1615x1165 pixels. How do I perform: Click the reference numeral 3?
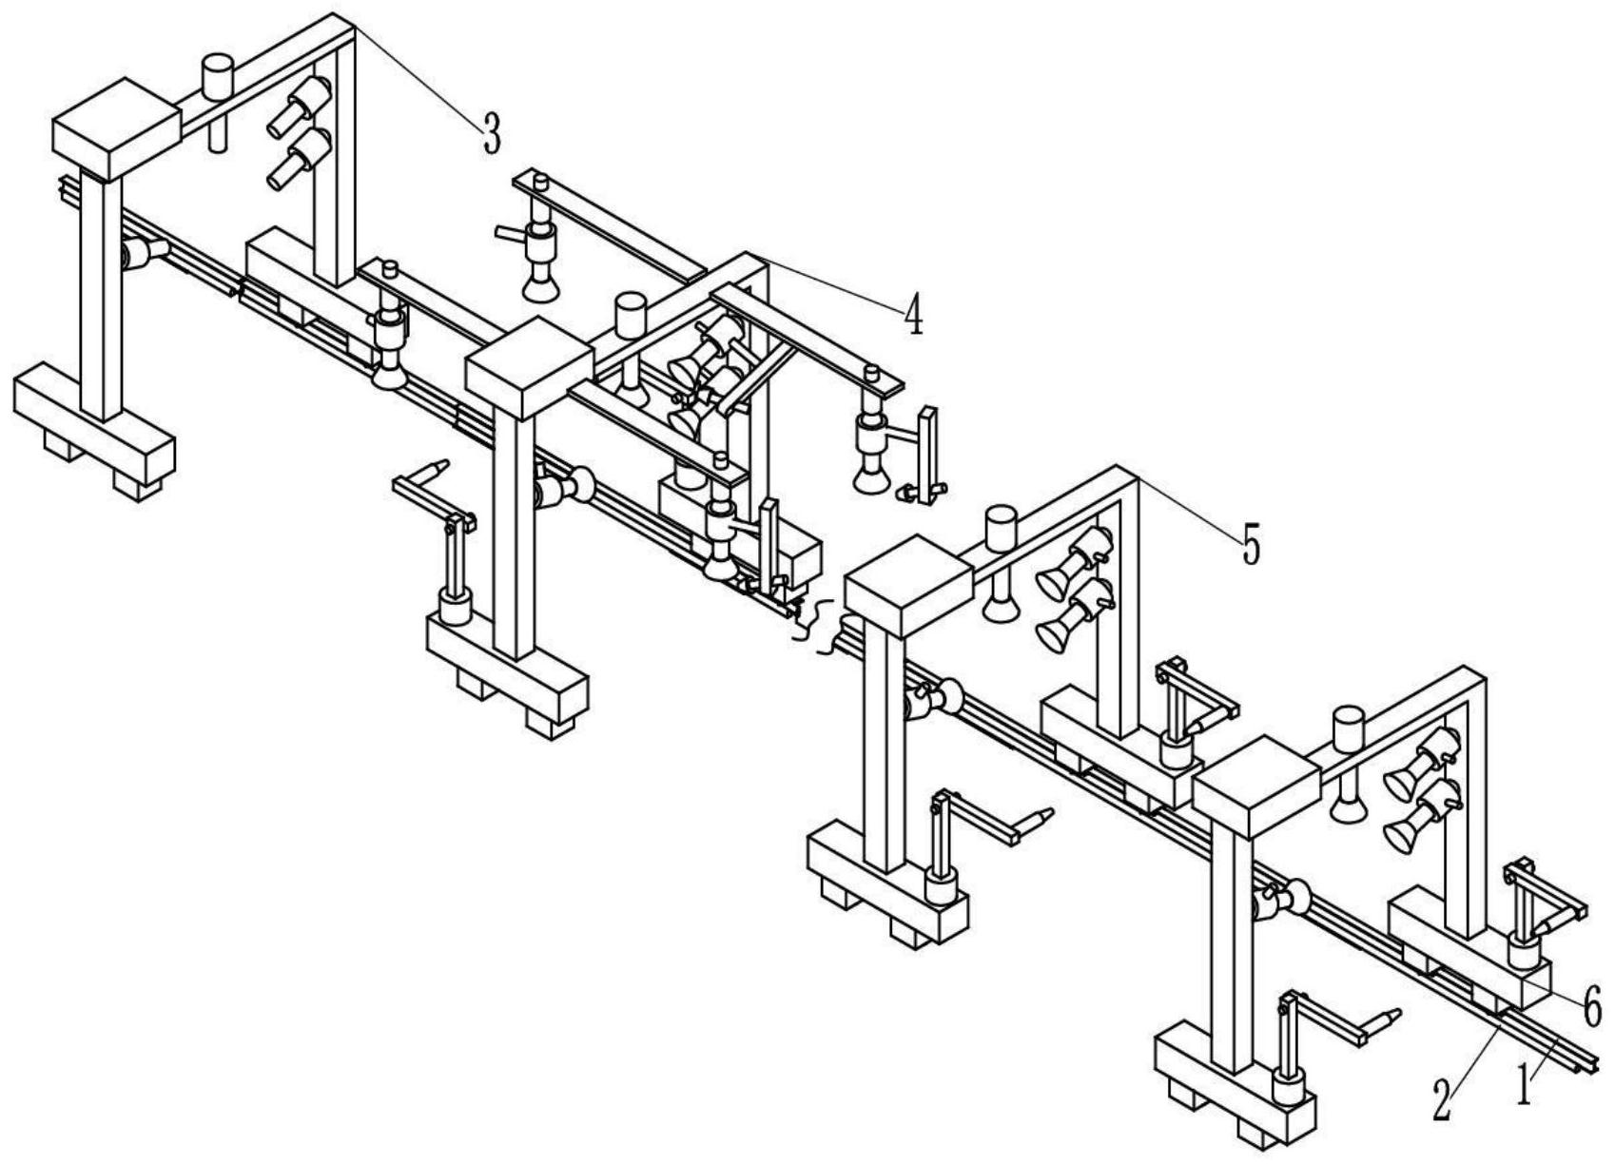coord(491,134)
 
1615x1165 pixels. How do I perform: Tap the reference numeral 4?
coord(913,315)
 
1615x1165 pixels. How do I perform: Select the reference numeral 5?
coord(1251,544)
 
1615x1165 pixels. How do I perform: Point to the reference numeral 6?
coord(1593,1005)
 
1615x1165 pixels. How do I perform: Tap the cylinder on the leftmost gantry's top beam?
coord(217,76)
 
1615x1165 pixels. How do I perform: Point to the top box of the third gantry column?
coord(908,586)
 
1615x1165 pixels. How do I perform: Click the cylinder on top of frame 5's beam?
coord(1001,529)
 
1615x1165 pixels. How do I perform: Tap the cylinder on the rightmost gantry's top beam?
coord(1348,729)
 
